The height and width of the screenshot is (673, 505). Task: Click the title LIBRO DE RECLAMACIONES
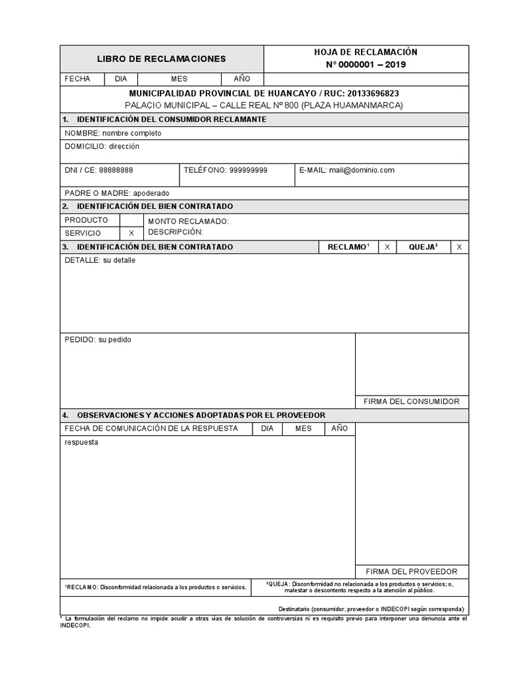point(161,59)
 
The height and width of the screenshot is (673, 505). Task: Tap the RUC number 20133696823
point(375,94)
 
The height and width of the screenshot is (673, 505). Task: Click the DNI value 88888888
point(116,170)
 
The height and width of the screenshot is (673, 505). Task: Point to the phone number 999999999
point(248,170)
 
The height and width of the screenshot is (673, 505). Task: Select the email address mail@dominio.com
point(362,170)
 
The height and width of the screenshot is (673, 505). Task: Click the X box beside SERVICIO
point(132,233)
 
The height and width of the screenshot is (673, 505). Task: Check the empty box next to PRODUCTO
point(132,220)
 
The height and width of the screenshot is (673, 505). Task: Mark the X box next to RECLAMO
point(387,246)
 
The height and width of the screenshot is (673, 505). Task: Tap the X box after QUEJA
point(459,246)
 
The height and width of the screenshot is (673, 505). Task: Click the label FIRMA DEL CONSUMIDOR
point(412,402)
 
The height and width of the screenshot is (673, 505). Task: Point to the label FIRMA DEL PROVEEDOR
point(412,572)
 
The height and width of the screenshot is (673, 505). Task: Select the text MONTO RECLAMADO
point(188,221)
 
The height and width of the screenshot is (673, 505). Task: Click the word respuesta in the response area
point(82,442)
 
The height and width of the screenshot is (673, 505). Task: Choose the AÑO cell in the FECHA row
point(242,79)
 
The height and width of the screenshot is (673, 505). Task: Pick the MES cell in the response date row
point(303,429)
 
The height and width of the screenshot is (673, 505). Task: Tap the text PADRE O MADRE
point(97,194)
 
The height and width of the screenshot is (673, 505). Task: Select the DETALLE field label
point(82,260)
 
